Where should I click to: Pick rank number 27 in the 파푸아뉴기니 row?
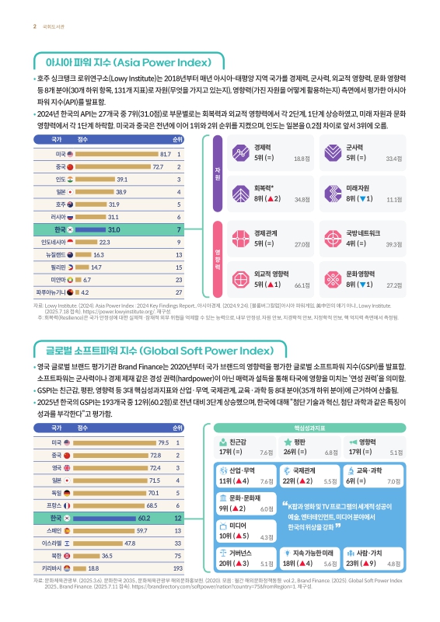click(179, 292)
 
